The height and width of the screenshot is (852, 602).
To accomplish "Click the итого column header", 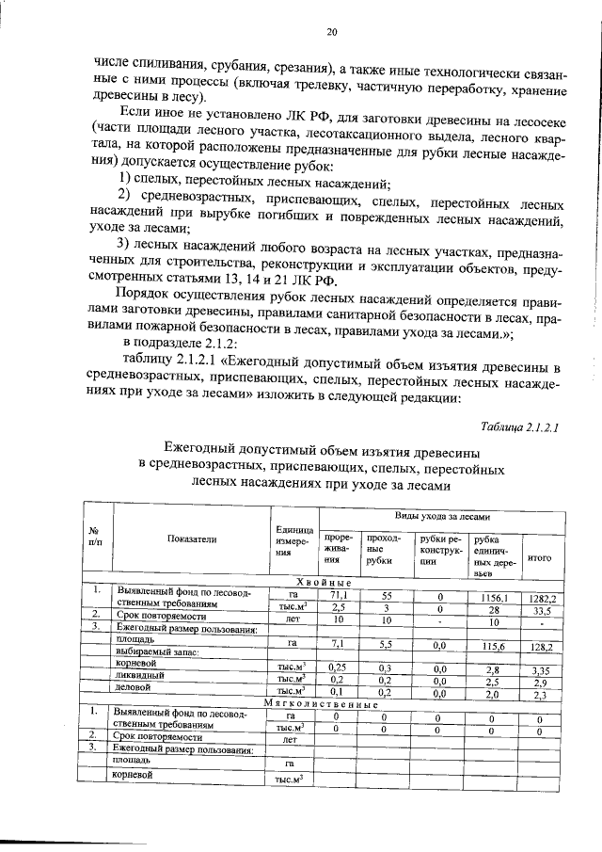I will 540,557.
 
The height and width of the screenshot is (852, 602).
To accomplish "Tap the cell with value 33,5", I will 541,610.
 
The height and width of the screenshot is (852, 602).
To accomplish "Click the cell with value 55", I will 386,596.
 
